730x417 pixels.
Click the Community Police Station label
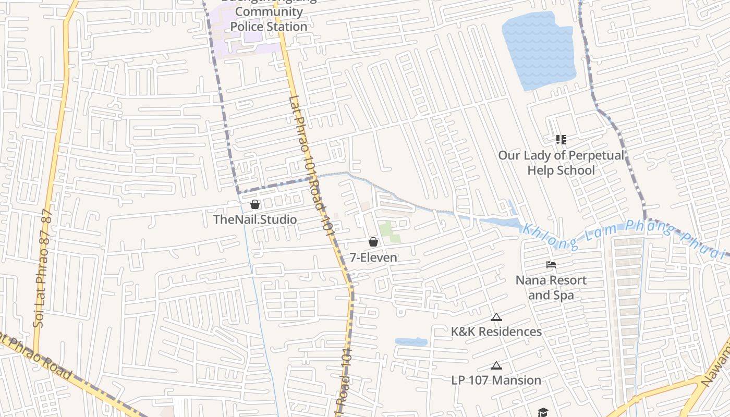point(269,19)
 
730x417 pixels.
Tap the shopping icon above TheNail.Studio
point(255,204)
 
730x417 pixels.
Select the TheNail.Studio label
point(255,219)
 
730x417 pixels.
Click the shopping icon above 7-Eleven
point(373,242)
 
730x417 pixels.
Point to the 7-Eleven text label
point(373,257)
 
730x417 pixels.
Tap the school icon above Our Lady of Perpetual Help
point(561,139)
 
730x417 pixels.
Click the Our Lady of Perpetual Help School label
point(561,163)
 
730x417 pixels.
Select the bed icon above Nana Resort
point(551,265)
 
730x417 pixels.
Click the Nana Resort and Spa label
point(551,288)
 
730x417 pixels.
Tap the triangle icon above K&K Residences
point(496,317)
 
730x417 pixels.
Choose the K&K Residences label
point(496,332)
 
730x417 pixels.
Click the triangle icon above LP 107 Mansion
point(496,365)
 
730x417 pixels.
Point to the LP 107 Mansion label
point(496,380)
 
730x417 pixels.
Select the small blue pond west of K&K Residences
point(411,342)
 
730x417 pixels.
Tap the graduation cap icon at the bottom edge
point(543,412)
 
